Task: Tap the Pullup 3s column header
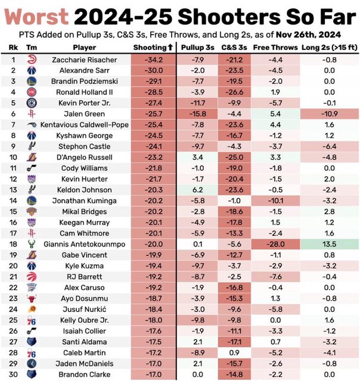pyautogui.click(x=198, y=47)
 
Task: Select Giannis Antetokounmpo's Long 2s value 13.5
pyautogui.click(x=330, y=243)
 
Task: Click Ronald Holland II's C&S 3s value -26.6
pyautogui.click(x=235, y=92)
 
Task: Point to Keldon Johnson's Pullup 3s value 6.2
pyautogui.click(x=198, y=189)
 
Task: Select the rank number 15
pyautogui.click(x=13, y=211)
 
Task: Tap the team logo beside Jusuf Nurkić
pyautogui.click(x=32, y=308)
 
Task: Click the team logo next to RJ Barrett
pyautogui.click(x=32, y=276)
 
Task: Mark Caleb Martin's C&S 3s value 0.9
pyautogui.click(x=235, y=352)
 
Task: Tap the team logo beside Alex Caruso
pyautogui.click(x=32, y=287)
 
